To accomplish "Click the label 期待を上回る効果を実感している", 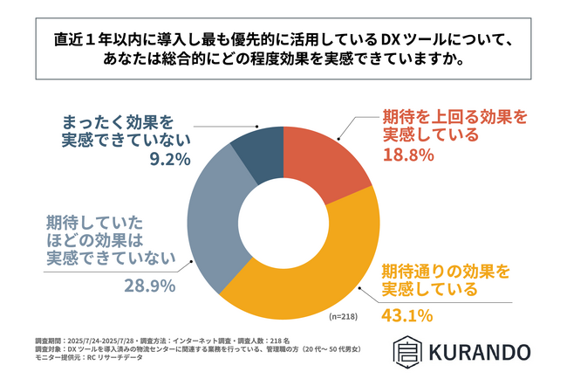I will (443, 124).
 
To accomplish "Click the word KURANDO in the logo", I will (478, 353).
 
